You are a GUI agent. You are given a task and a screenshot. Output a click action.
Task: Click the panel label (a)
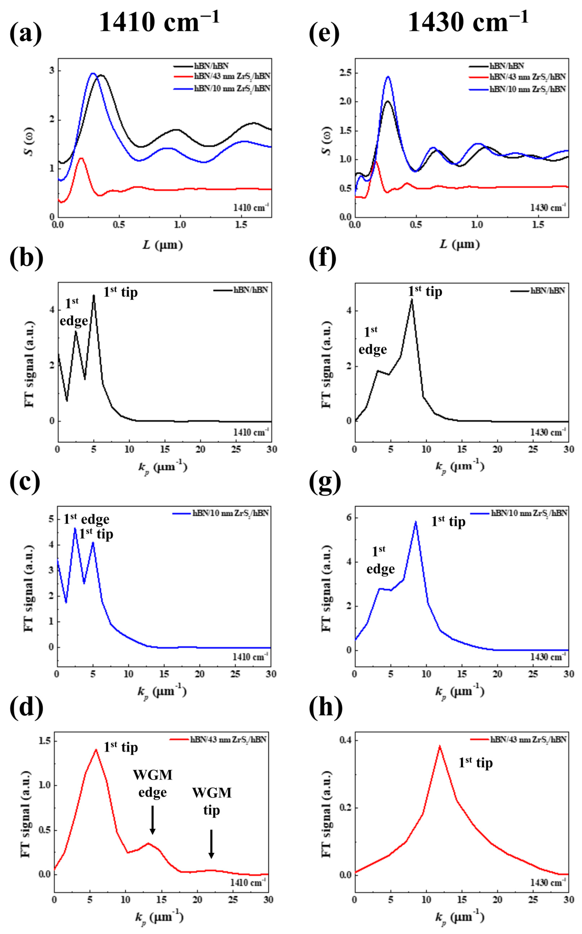[x=25, y=33]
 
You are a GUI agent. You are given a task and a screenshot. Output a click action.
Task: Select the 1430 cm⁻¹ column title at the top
[x=468, y=22]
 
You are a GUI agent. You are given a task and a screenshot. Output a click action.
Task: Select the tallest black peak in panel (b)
[x=94, y=295]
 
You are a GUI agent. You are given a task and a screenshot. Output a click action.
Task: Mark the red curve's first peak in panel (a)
[x=81, y=158]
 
